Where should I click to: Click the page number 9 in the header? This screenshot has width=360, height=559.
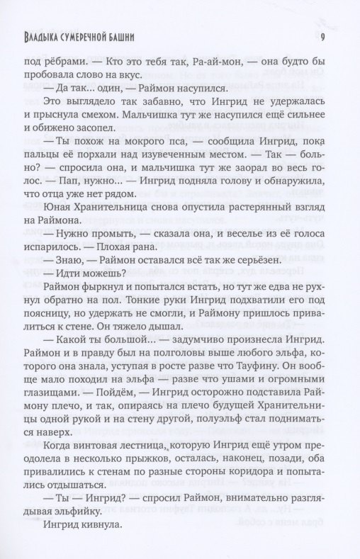click(x=322, y=38)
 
